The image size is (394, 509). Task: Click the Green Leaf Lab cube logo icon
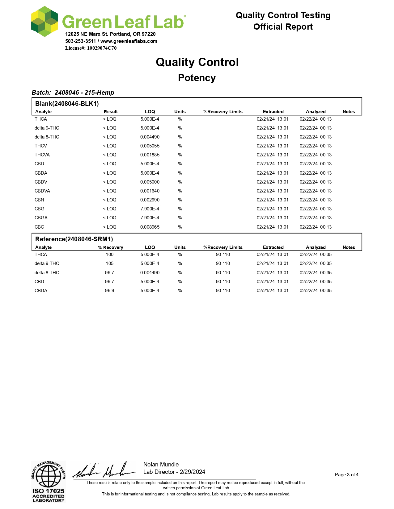(44, 21)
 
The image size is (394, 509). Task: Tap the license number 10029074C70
(102, 48)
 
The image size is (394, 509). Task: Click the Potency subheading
(197, 78)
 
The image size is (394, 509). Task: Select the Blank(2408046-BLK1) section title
(67, 104)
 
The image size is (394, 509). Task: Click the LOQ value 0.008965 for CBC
(150, 227)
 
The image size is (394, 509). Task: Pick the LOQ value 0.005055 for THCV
(150, 146)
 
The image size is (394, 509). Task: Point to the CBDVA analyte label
(42, 191)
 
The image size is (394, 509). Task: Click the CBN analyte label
(39, 200)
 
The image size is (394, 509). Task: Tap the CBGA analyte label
(41, 218)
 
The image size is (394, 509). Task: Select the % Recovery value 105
(109, 263)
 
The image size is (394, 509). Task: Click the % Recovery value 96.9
(109, 291)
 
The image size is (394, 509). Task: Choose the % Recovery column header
(110, 247)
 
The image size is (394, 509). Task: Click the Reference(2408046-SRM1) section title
(74, 239)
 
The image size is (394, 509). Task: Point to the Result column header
(111, 112)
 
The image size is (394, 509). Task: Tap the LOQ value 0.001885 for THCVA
(150, 155)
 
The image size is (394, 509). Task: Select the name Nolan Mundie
(161, 465)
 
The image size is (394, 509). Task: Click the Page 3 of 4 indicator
(346, 475)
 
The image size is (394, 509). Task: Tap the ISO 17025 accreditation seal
(49, 482)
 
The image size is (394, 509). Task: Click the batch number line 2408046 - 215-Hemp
(73, 93)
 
